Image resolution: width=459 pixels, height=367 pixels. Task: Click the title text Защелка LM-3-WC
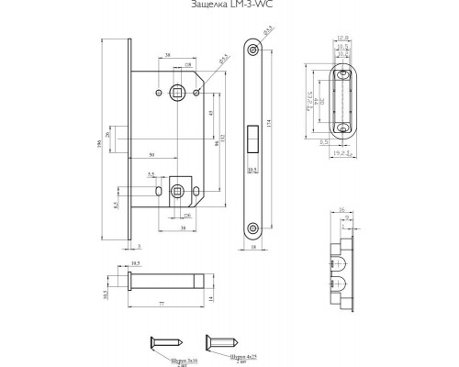click(229, 7)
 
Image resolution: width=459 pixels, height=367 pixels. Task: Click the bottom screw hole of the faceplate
click(252, 225)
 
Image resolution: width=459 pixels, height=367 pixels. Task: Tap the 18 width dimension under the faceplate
click(252, 248)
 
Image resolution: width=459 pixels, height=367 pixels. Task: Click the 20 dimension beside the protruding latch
click(107, 135)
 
